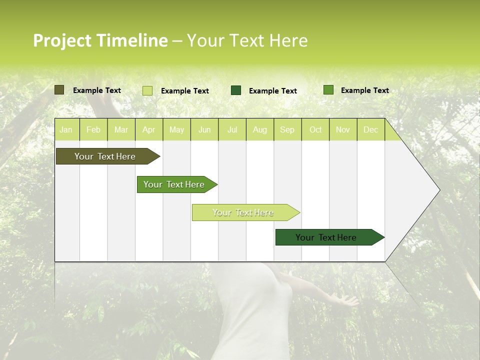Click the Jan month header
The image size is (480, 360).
click(x=66, y=130)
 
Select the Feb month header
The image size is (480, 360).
click(x=93, y=130)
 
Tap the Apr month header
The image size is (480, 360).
click(x=149, y=130)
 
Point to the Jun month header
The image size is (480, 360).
click(x=204, y=130)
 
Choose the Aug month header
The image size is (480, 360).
click(x=260, y=130)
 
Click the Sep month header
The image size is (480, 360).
click(x=287, y=130)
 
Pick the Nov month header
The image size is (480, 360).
click(x=343, y=130)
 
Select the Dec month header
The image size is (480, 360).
click(x=371, y=130)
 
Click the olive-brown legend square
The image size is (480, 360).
click(x=59, y=90)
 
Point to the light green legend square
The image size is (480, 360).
click(x=147, y=90)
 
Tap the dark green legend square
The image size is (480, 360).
click(x=236, y=90)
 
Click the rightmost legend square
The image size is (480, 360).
click(x=328, y=90)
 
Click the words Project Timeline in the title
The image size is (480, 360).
click(x=100, y=40)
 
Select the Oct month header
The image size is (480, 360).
click(x=315, y=130)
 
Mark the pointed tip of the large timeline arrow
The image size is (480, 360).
click(x=439, y=190)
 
